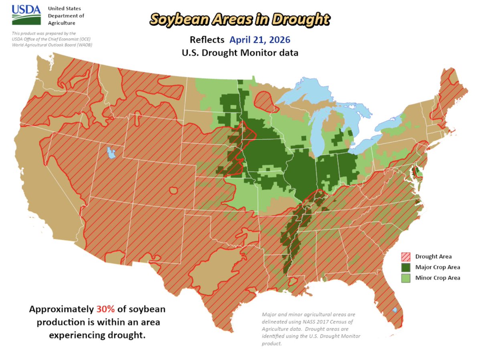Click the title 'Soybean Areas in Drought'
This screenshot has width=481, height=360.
coord(240,18)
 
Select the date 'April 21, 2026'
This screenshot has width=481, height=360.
coord(260,40)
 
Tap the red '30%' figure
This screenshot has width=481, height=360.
coord(106,310)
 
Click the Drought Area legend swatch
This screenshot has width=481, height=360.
coord(406,257)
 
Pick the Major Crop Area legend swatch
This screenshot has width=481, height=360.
coord(406,267)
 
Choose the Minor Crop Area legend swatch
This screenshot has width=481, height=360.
coord(406,278)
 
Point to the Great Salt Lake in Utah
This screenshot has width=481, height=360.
coord(110,152)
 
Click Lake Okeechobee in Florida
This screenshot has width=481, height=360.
coord(395,310)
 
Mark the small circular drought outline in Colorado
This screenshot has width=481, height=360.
coord(174,190)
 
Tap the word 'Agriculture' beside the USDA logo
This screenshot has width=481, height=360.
coord(61,23)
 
